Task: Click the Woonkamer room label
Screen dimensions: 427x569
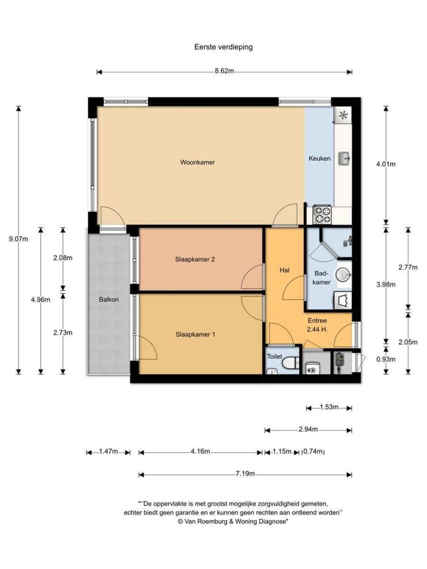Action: (x=197, y=162)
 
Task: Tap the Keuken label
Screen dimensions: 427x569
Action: (x=319, y=158)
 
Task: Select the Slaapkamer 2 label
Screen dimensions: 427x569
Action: (x=195, y=259)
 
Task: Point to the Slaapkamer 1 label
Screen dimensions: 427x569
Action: (x=195, y=334)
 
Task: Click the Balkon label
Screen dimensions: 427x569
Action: (x=109, y=299)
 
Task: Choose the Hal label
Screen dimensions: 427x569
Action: (x=284, y=270)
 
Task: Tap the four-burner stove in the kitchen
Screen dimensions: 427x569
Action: (x=322, y=214)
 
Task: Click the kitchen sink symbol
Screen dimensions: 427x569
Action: (x=344, y=158)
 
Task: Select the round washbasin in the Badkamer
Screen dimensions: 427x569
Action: (x=343, y=275)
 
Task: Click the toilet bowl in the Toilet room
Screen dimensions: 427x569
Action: (x=290, y=363)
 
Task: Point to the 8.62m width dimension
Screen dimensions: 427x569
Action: (x=224, y=71)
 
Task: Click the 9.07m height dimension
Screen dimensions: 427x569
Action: (x=19, y=239)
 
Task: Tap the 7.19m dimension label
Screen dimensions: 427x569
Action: (x=245, y=474)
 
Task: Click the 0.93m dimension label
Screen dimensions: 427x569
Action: (x=386, y=359)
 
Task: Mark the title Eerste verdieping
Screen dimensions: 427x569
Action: (x=223, y=47)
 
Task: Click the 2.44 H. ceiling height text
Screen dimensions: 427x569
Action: (x=317, y=330)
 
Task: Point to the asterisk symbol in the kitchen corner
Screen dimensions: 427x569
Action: (x=343, y=115)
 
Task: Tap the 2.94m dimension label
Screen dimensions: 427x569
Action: (x=308, y=429)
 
